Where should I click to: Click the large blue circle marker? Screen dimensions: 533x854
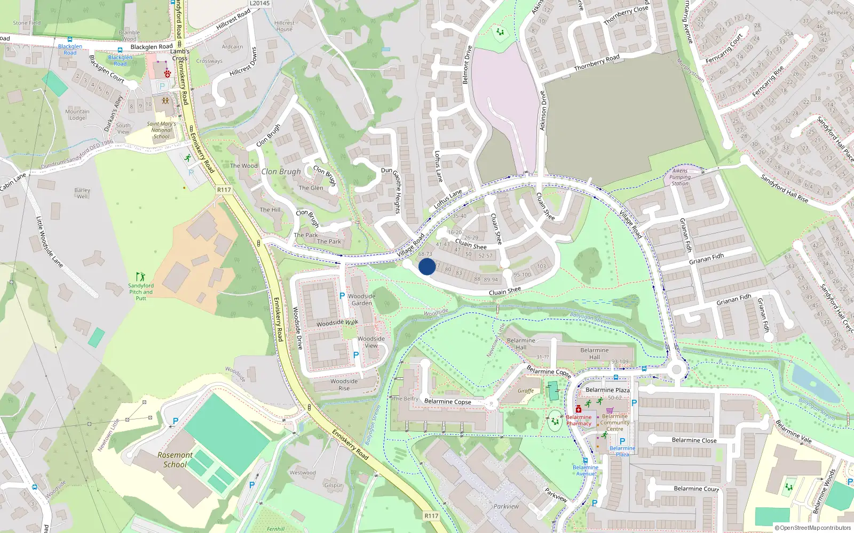tap(427, 266)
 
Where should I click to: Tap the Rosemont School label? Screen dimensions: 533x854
tap(175, 459)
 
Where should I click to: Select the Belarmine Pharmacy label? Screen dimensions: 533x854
tap(579, 421)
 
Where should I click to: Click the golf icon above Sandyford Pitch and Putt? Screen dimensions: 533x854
tap(140, 277)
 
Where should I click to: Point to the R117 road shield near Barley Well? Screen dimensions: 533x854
tap(224, 190)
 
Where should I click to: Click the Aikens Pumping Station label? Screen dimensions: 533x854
tap(679, 177)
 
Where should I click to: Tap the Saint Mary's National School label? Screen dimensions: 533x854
tap(161, 130)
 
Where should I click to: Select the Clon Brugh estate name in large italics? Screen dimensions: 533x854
tap(281, 172)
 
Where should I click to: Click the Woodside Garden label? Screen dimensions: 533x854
tap(361, 300)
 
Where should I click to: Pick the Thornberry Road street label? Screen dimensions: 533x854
tap(597, 63)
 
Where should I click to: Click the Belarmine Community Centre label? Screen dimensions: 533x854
tap(615, 423)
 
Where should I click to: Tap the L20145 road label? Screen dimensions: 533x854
tap(260, 3)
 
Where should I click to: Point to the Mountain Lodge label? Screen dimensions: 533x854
tap(77, 115)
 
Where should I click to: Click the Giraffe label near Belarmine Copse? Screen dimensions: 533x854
tap(526, 391)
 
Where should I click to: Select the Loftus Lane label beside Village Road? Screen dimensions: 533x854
tap(448, 199)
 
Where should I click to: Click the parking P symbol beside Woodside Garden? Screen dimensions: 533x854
tap(342, 295)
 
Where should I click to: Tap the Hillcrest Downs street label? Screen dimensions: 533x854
tap(243, 62)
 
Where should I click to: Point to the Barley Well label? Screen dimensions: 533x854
tap(82, 193)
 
